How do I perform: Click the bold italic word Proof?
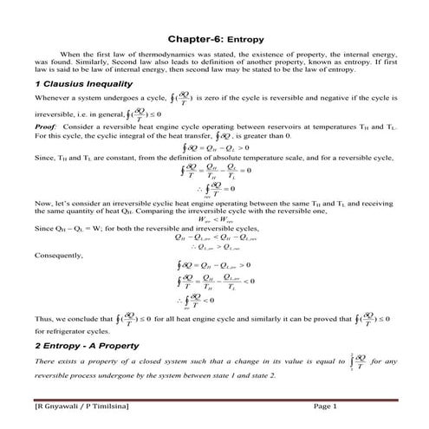pos(47,127)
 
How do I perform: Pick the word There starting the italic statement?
pos(45,362)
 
